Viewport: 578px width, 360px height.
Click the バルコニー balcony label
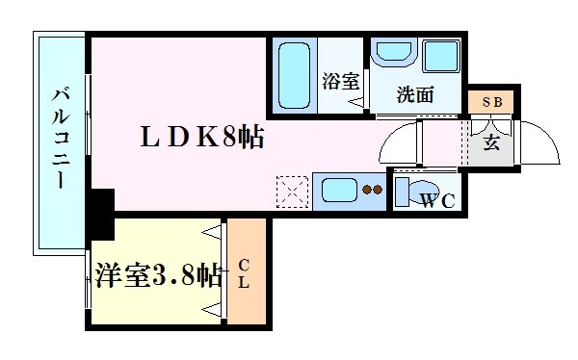[x=60, y=140]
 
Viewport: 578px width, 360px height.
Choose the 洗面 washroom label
[x=411, y=94]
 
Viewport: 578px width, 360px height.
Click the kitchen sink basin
[x=336, y=189]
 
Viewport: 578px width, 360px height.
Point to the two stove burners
[x=371, y=190]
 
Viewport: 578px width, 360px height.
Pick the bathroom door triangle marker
[x=355, y=100]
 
